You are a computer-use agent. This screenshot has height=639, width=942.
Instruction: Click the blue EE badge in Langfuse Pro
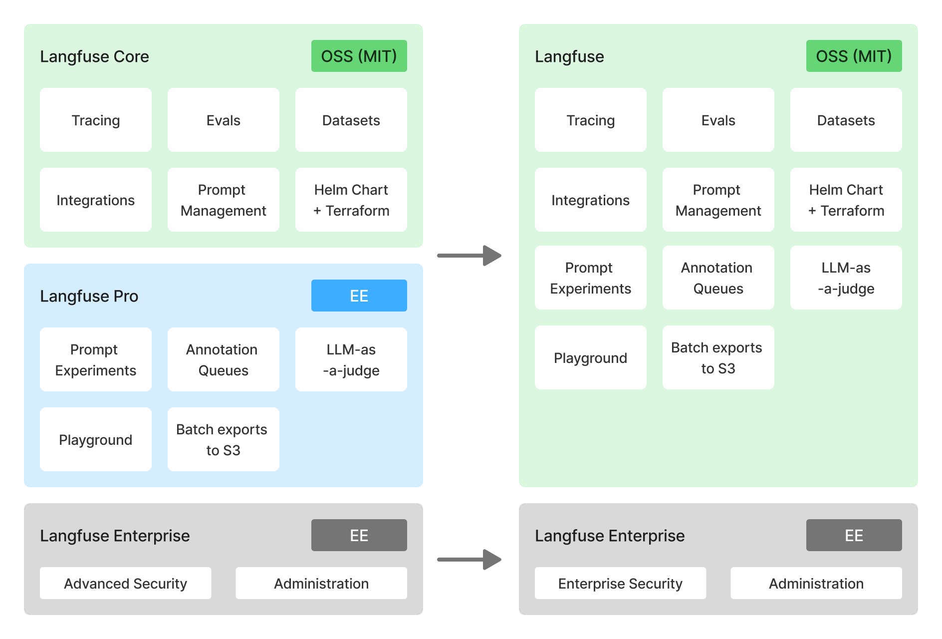click(x=359, y=296)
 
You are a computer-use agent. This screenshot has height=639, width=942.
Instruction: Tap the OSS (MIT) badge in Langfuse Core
click(x=359, y=56)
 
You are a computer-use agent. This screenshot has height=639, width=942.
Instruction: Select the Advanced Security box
click(x=125, y=583)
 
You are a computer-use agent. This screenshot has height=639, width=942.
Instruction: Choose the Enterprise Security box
click(x=620, y=583)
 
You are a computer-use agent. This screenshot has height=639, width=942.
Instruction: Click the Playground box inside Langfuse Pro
click(x=95, y=439)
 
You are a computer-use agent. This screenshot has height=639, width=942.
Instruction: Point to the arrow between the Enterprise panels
click(x=469, y=560)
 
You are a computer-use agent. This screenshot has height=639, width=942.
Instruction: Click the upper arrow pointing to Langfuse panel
click(x=469, y=256)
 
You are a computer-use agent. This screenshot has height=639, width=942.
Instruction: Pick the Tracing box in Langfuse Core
click(x=95, y=120)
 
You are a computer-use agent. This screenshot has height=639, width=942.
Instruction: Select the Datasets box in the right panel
click(x=846, y=120)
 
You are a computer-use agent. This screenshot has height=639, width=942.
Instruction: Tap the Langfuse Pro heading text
click(x=89, y=296)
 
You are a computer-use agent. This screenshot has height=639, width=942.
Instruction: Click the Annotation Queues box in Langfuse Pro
click(x=223, y=359)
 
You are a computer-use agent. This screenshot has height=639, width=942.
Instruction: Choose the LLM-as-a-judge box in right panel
click(x=846, y=278)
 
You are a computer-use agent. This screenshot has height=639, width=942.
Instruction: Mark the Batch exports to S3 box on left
click(x=223, y=439)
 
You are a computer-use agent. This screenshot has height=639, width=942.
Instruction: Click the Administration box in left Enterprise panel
click(x=321, y=583)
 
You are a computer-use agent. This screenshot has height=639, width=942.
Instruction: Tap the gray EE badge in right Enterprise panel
click(x=854, y=535)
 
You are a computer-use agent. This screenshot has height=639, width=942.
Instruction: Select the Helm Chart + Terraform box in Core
click(x=351, y=200)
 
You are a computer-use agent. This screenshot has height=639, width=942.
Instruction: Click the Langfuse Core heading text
click(x=94, y=56)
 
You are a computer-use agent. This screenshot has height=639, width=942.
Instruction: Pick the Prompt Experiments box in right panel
click(x=590, y=278)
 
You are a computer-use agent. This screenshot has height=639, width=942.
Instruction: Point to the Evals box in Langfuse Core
click(x=223, y=120)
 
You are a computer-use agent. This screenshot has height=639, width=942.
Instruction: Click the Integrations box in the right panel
click(x=590, y=200)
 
